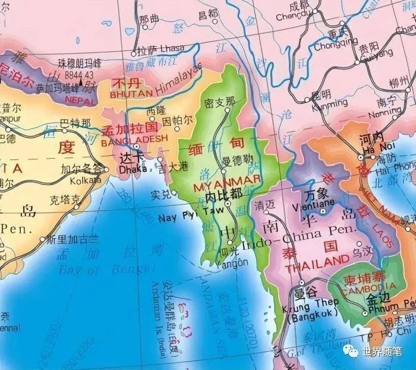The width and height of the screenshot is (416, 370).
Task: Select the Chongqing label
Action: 336,43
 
